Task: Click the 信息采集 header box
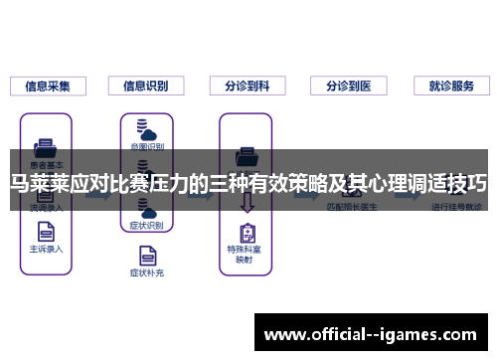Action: click(48, 86)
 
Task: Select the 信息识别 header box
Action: click(146, 86)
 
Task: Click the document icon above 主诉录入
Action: click(45, 228)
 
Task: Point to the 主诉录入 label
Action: click(45, 249)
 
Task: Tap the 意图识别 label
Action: click(145, 146)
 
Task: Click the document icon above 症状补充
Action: click(145, 251)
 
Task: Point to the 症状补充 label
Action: click(145, 270)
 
